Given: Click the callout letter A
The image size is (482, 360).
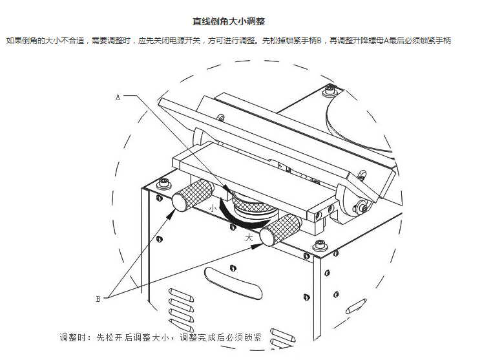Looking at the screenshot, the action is pos(118,97).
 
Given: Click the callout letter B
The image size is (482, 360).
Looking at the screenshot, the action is pos(98,299).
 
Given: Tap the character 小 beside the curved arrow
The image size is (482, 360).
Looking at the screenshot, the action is pos(213,208).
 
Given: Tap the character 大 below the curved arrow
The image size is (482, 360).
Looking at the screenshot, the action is pos(249,237).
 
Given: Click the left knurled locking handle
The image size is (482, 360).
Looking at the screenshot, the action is pos(192,196).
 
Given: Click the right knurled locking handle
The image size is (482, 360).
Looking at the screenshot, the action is pos(280,230).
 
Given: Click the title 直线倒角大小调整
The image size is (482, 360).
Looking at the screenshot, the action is pos(229,21).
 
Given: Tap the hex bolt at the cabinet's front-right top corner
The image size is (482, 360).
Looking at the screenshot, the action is pos(320,246).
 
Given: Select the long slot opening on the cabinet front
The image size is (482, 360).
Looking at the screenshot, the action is pos(233,283).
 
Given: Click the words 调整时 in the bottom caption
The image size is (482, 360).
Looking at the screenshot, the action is pos(72,337).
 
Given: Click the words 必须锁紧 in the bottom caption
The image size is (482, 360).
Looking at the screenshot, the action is pos(244,337).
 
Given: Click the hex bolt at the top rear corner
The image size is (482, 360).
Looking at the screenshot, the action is pos(330,90).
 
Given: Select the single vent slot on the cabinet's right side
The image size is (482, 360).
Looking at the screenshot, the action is pos(356,306).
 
